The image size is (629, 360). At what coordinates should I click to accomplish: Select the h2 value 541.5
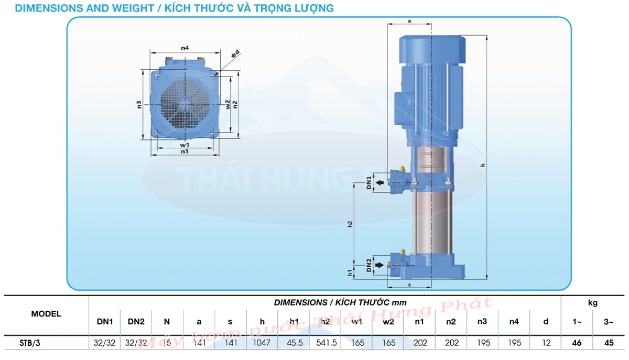click(x=325, y=343)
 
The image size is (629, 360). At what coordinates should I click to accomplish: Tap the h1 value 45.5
click(x=294, y=343)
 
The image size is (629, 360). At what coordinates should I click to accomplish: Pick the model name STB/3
click(x=29, y=343)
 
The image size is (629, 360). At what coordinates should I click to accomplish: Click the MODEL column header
click(x=46, y=314)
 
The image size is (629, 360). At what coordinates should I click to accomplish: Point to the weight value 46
click(x=577, y=343)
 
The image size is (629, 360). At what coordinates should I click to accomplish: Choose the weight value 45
click(x=609, y=343)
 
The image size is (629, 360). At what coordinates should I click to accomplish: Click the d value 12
click(x=546, y=343)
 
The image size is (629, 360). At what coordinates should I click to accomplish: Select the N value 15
click(x=167, y=343)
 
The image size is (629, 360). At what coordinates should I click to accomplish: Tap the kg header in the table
click(x=592, y=302)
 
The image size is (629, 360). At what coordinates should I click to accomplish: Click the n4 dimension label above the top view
click(x=185, y=48)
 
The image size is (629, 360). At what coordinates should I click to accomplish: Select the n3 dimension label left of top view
click(x=139, y=104)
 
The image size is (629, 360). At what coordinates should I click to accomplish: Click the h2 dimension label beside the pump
click(x=350, y=224)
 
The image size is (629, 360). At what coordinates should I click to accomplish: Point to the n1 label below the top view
click(x=185, y=151)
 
